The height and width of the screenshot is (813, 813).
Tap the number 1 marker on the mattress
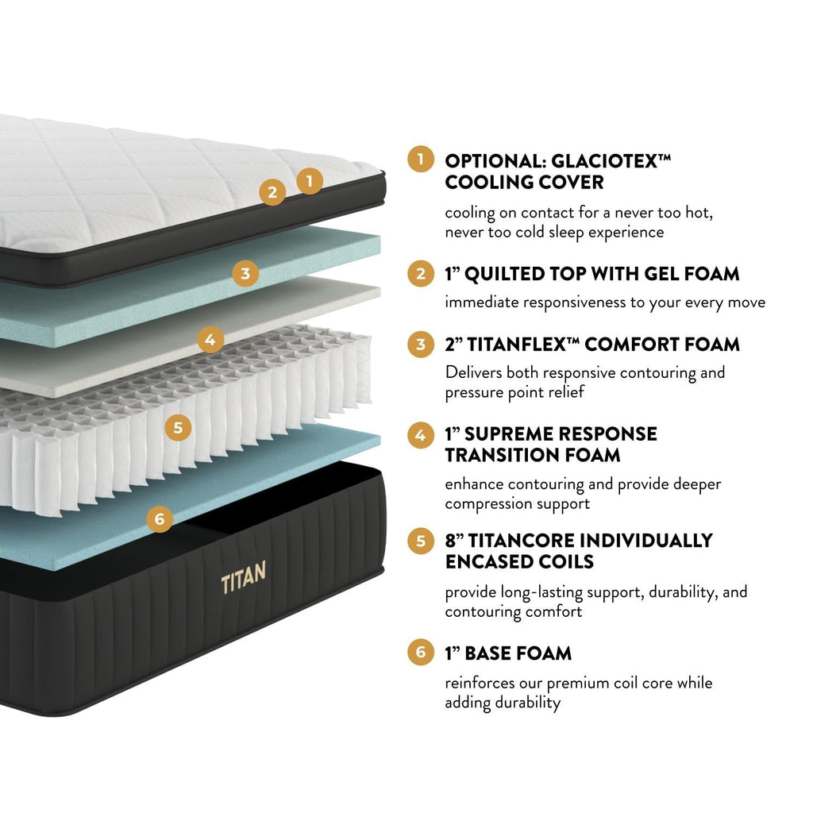310,181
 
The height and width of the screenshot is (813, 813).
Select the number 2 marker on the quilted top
272,192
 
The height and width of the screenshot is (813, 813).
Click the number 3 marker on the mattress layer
245,274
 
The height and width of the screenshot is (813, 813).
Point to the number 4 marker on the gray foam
210,341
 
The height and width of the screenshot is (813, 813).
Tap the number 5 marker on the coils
177,428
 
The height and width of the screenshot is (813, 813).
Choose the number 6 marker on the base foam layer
160,519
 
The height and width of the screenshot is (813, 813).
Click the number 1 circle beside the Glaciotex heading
420,160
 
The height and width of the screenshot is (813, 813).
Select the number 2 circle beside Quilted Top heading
420,274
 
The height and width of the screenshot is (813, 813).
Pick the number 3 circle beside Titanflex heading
420,345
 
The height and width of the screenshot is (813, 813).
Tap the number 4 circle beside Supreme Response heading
420,434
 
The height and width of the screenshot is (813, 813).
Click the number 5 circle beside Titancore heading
420,541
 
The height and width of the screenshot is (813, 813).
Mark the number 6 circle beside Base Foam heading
420,653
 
